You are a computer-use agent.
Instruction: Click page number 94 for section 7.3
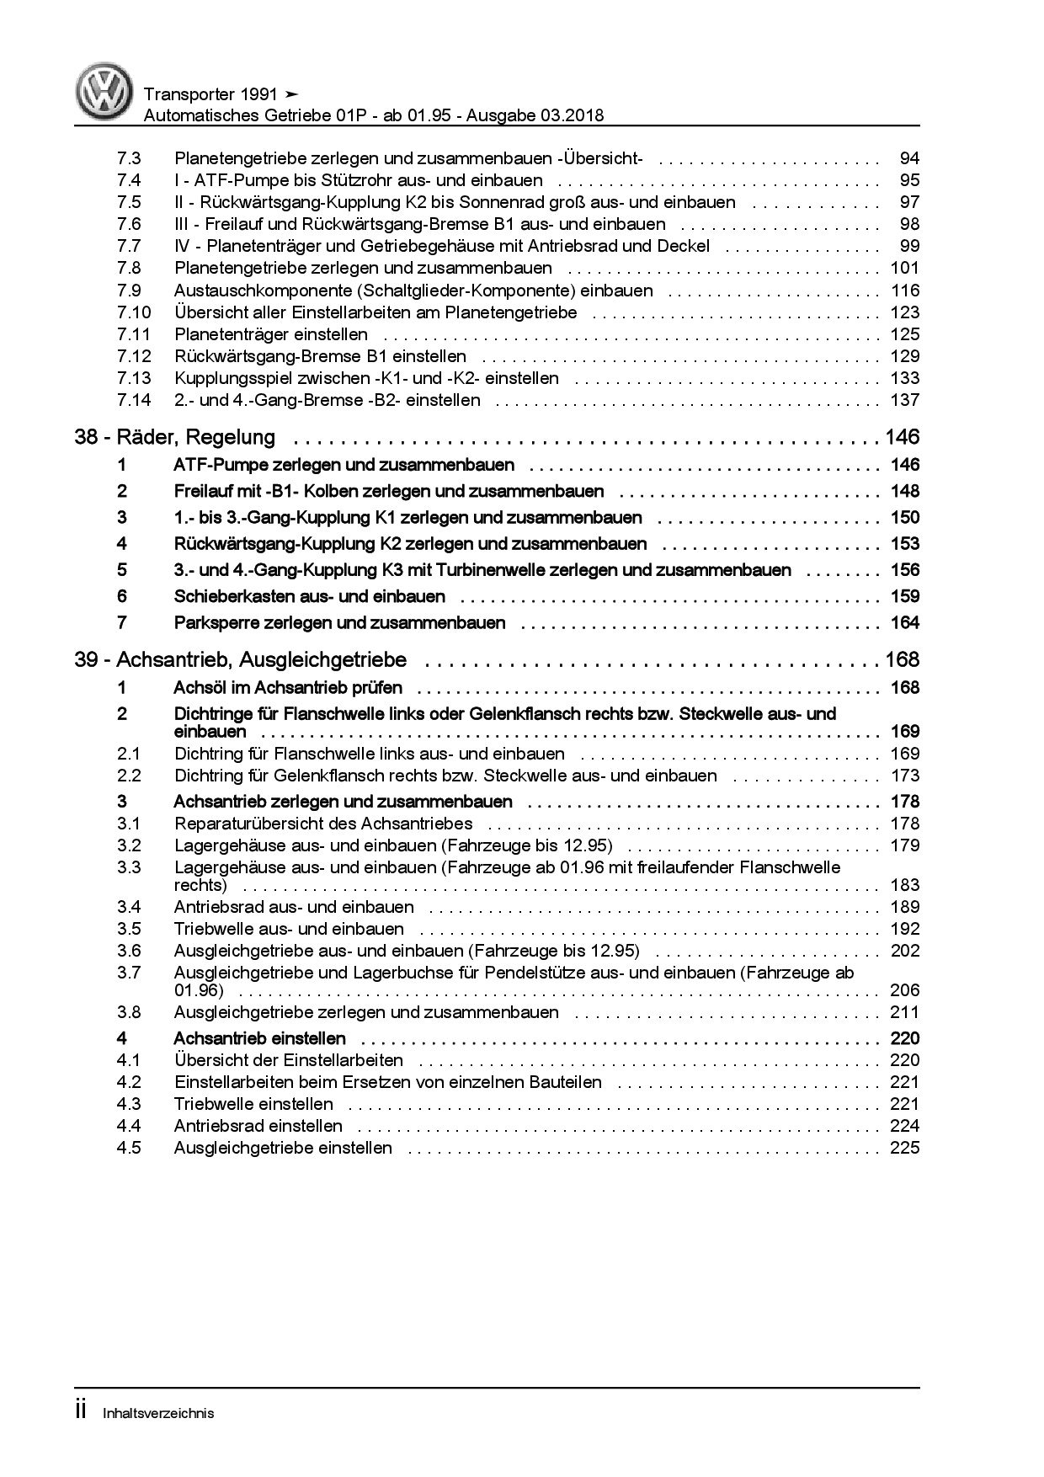909,158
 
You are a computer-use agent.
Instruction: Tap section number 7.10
134,312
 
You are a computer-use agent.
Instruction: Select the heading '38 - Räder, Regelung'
175,437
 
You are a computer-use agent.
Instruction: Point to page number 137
905,400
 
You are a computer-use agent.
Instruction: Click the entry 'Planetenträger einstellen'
270,334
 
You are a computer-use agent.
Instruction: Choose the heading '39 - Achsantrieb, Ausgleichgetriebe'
241,659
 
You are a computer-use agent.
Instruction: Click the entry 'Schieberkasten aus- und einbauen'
309,596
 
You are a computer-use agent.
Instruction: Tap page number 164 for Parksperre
905,623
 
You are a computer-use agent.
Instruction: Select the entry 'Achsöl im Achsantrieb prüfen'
287,688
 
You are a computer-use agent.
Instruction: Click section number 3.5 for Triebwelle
129,929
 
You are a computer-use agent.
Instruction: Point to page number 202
905,951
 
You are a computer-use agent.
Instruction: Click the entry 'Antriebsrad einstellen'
258,1126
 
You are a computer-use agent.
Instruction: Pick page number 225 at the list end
905,1148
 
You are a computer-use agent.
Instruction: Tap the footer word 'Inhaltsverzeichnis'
158,1413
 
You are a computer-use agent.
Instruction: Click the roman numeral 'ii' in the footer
82,1411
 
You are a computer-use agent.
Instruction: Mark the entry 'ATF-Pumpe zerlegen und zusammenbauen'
344,465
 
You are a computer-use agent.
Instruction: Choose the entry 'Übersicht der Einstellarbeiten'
288,1060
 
